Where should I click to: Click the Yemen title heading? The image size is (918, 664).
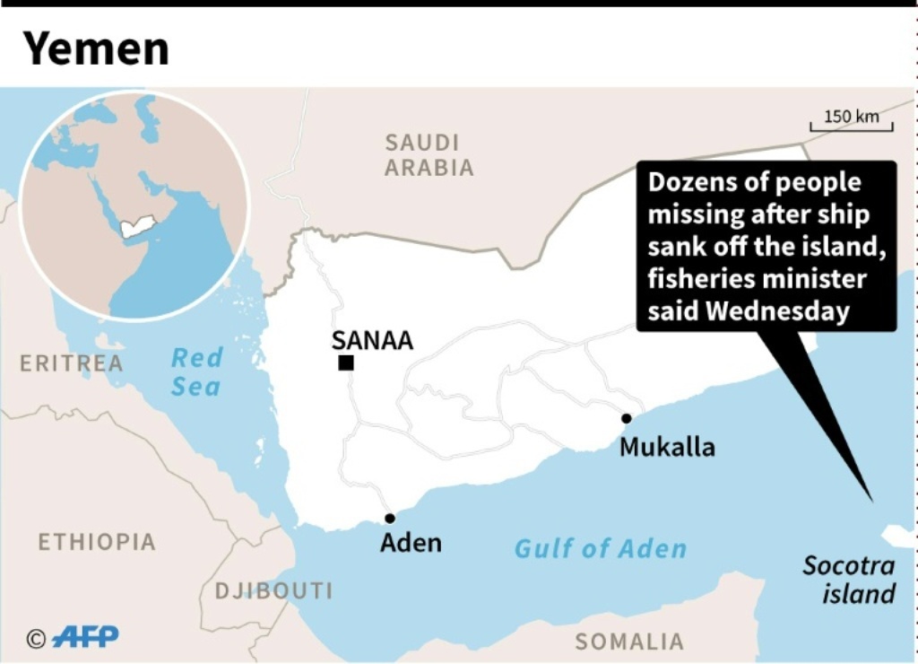point(96,48)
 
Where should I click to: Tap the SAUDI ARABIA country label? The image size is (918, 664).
point(429,154)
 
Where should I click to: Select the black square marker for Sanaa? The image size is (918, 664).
point(345,363)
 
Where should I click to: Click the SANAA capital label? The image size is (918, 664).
point(372,340)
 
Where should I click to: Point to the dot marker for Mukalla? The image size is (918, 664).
point(627,418)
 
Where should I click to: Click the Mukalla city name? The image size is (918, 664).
point(667,446)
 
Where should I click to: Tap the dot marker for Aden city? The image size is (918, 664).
point(390,518)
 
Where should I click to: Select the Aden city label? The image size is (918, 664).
point(411,543)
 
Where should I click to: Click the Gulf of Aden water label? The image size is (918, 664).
point(601,548)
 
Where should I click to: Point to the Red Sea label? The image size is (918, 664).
point(196,371)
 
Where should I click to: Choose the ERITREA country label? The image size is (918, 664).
point(72,363)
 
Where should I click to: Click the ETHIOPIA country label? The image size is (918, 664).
point(97,542)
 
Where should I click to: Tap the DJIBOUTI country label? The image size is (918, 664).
point(273,590)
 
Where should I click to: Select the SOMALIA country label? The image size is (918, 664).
point(629,642)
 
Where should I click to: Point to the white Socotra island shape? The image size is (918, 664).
point(899,536)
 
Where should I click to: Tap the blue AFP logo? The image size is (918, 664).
point(85,637)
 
